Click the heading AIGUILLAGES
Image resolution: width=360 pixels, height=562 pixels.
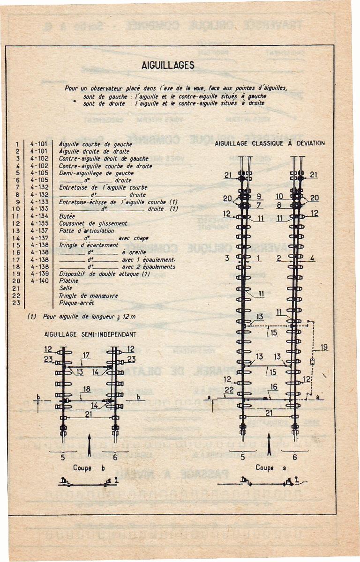pos(168,66)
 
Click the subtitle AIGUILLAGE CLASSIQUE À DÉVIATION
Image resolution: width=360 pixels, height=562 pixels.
pos(270,143)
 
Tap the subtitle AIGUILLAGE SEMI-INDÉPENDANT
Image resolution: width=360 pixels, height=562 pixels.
pos(90,335)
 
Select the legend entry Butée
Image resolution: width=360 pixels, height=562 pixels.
pos(67,216)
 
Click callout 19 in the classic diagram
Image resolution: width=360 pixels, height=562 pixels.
pos(324,348)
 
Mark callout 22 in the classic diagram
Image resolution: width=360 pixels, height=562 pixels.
pos(229,390)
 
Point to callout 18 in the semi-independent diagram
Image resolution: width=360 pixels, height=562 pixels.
pos(86,390)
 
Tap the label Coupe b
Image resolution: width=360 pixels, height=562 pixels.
pos(89,467)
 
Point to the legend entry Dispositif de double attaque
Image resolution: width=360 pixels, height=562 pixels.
pos(104,274)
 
